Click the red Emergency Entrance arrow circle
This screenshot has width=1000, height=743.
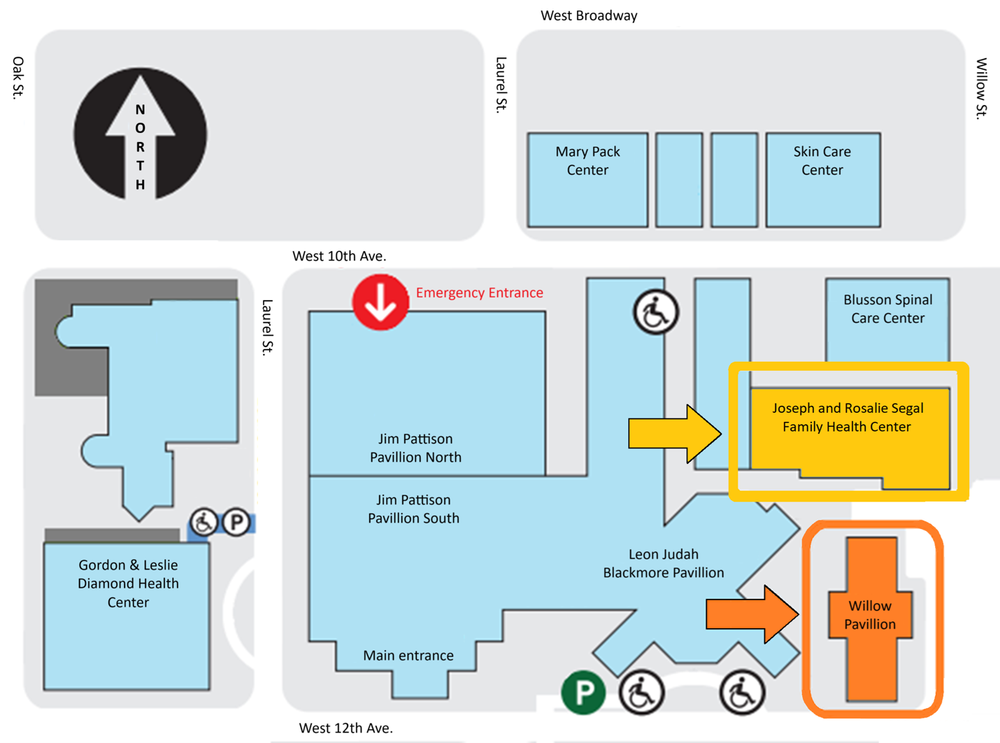point(380,302)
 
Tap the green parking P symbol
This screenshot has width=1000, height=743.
point(583,693)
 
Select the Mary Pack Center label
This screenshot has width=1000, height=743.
point(587,161)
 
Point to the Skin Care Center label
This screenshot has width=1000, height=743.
point(822,161)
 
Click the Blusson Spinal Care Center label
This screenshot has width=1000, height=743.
point(887,309)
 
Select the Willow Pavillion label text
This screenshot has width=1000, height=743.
point(870,615)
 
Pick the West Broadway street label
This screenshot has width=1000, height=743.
point(589,15)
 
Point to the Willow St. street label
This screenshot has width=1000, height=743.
point(982,88)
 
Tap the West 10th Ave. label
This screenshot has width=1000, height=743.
point(339,256)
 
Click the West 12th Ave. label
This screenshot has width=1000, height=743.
point(345,728)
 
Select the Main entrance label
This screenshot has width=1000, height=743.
point(408,656)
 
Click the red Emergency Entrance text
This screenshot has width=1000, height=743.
point(479,293)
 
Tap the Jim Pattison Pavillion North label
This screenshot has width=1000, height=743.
point(415,448)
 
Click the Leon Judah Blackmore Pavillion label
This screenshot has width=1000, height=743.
point(663,563)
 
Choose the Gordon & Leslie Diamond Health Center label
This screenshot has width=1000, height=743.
point(128,583)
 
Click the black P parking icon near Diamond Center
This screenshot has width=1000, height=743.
point(236,522)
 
